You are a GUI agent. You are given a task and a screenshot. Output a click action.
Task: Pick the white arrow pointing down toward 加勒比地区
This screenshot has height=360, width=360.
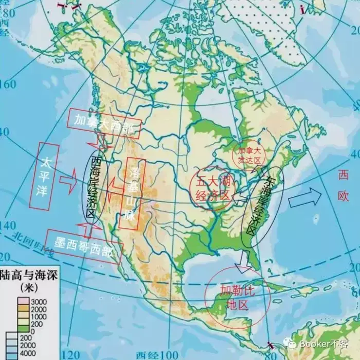(242, 266)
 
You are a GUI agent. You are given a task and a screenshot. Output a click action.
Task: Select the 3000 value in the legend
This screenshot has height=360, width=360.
(38, 301)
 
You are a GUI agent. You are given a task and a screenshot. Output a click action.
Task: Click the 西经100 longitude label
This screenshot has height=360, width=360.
(156, 354)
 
